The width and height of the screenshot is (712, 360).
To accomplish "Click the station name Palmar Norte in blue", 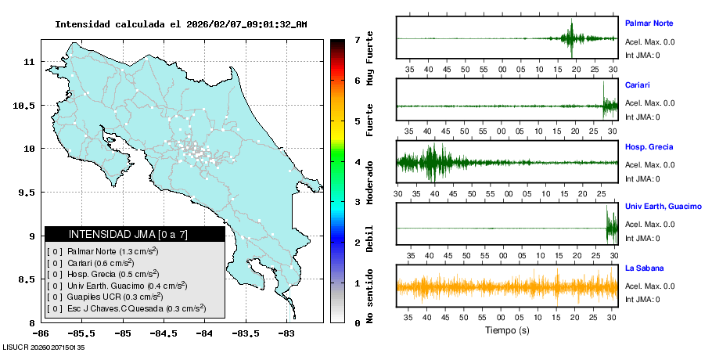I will [x=649, y=23].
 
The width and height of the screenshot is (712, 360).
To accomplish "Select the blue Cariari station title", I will [x=638, y=85].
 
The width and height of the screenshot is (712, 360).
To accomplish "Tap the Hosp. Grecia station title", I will [x=649, y=146].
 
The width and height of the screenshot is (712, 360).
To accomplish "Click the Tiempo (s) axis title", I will [x=507, y=330].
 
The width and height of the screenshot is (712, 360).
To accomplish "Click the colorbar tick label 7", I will [x=356, y=39].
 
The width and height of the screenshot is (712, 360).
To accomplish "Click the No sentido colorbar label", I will [x=370, y=297].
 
